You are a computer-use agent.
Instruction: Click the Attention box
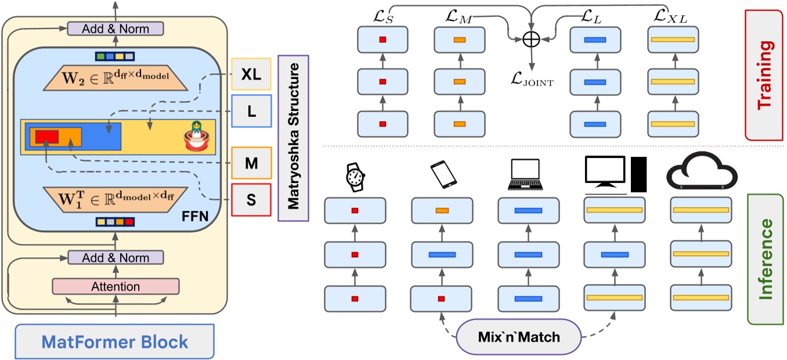115,286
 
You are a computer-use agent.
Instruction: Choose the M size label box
251,163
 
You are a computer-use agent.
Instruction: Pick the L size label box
251,110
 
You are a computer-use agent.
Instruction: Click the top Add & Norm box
115,28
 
